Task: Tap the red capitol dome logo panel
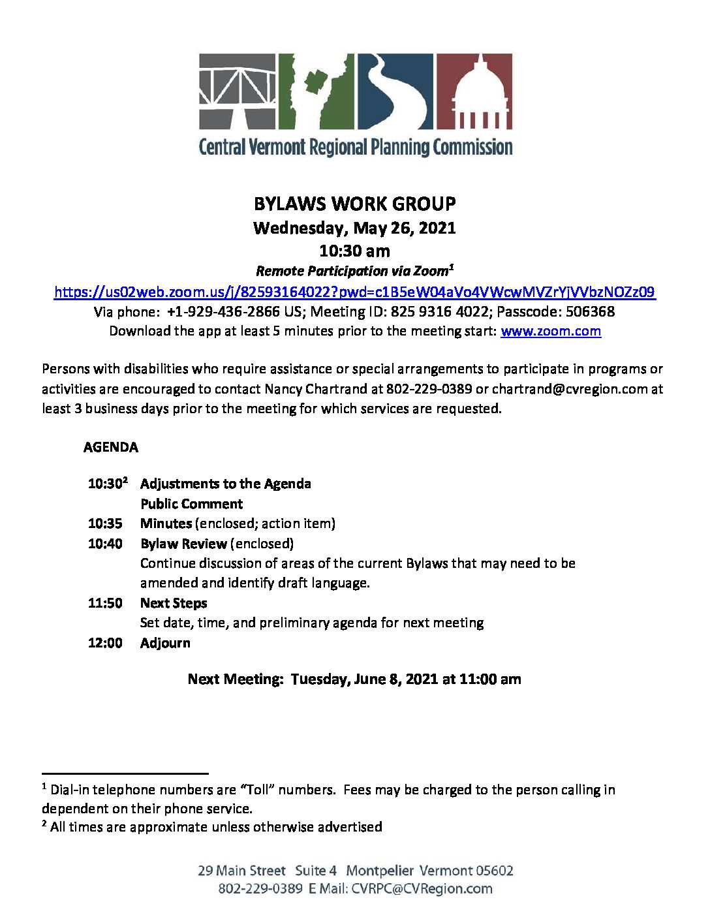pyautogui.click(x=474, y=91)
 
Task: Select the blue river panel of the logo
pyautogui.click(x=394, y=91)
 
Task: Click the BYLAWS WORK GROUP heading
pyautogui.click(x=354, y=204)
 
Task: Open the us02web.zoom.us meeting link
pyautogui.click(x=354, y=292)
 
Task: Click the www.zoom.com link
pyautogui.click(x=551, y=331)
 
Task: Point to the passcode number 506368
pyautogui.click(x=590, y=311)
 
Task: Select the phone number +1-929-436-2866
pyautogui.click(x=223, y=311)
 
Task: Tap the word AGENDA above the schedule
pyautogui.click(x=111, y=447)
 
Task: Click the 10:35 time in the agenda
pyautogui.click(x=105, y=523)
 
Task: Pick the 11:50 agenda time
pyautogui.click(x=105, y=603)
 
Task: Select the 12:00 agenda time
pyautogui.click(x=105, y=643)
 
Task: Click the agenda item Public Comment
pyautogui.click(x=191, y=504)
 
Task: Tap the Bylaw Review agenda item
pyautogui.click(x=183, y=544)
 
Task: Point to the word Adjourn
pyautogui.click(x=165, y=643)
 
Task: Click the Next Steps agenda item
pyautogui.click(x=174, y=603)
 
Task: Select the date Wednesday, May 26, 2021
pyautogui.click(x=354, y=228)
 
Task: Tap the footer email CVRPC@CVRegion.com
pyautogui.click(x=422, y=888)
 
